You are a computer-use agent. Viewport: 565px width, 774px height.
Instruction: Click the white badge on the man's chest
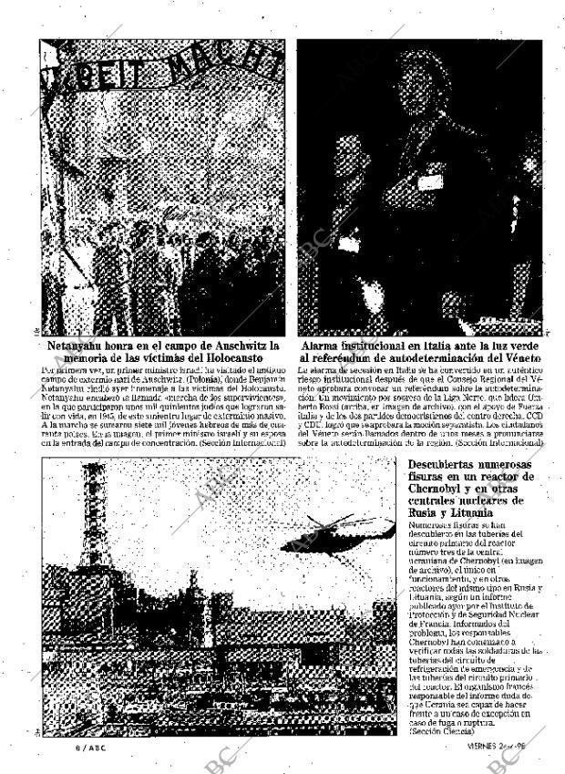click(x=429, y=181)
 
